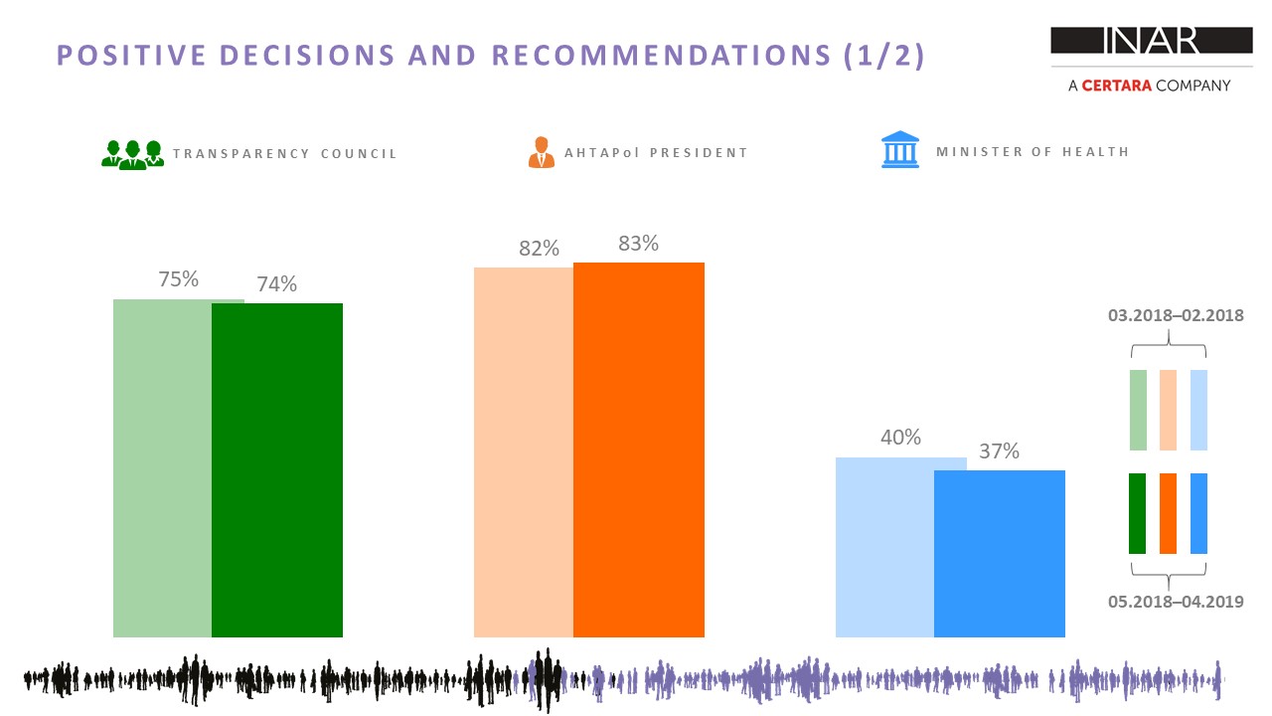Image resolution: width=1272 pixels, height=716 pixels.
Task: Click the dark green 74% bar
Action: [x=277, y=470]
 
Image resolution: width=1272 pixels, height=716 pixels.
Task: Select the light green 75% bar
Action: [x=162, y=468]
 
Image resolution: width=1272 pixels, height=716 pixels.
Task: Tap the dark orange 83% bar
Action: [x=639, y=449]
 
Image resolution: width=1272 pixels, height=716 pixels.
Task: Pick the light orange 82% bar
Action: [x=524, y=452]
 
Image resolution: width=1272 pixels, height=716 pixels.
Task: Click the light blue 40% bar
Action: [x=884, y=547]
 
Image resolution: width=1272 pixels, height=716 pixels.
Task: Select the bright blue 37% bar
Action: [x=1000, y=554]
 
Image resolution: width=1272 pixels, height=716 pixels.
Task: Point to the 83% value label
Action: [x=638, y=244]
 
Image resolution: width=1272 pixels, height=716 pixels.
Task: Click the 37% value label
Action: [x=999, y=451]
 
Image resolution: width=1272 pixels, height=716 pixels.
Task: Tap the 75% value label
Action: [x=178, y=279]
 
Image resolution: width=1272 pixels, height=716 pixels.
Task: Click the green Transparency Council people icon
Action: [x=132, y=154]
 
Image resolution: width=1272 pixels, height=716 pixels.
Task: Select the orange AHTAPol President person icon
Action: [x=542, y=152]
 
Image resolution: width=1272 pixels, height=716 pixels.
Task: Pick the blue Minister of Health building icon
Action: [x=900, y=149]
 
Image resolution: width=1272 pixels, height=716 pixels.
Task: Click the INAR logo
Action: [x=1152, y=41]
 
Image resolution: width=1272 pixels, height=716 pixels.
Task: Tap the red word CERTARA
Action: [x=1116, y=86]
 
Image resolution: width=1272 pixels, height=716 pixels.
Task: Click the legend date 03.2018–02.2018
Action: [x=1176, y=315]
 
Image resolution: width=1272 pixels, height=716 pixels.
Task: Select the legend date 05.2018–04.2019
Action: [x=1176, y=602]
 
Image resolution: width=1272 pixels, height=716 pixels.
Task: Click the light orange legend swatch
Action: [x=1168, y=410]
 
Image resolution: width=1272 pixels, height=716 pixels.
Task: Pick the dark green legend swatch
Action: [x=1138, y=513]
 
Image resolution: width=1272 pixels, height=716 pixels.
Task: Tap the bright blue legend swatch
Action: [x=1198, y=513]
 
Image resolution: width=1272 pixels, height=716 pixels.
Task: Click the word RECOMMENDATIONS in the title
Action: [x=662, y=56]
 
